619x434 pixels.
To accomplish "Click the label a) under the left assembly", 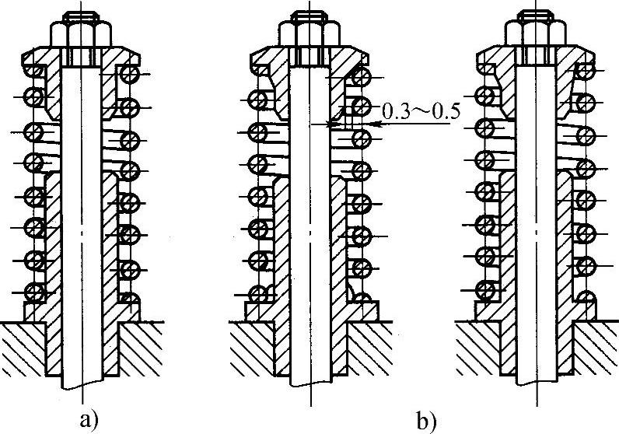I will coord(89,421).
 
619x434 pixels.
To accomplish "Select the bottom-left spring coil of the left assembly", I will coord(34,292).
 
